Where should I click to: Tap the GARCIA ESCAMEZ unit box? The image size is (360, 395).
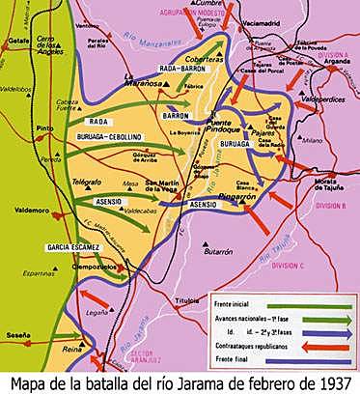click(x=72, y=247)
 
